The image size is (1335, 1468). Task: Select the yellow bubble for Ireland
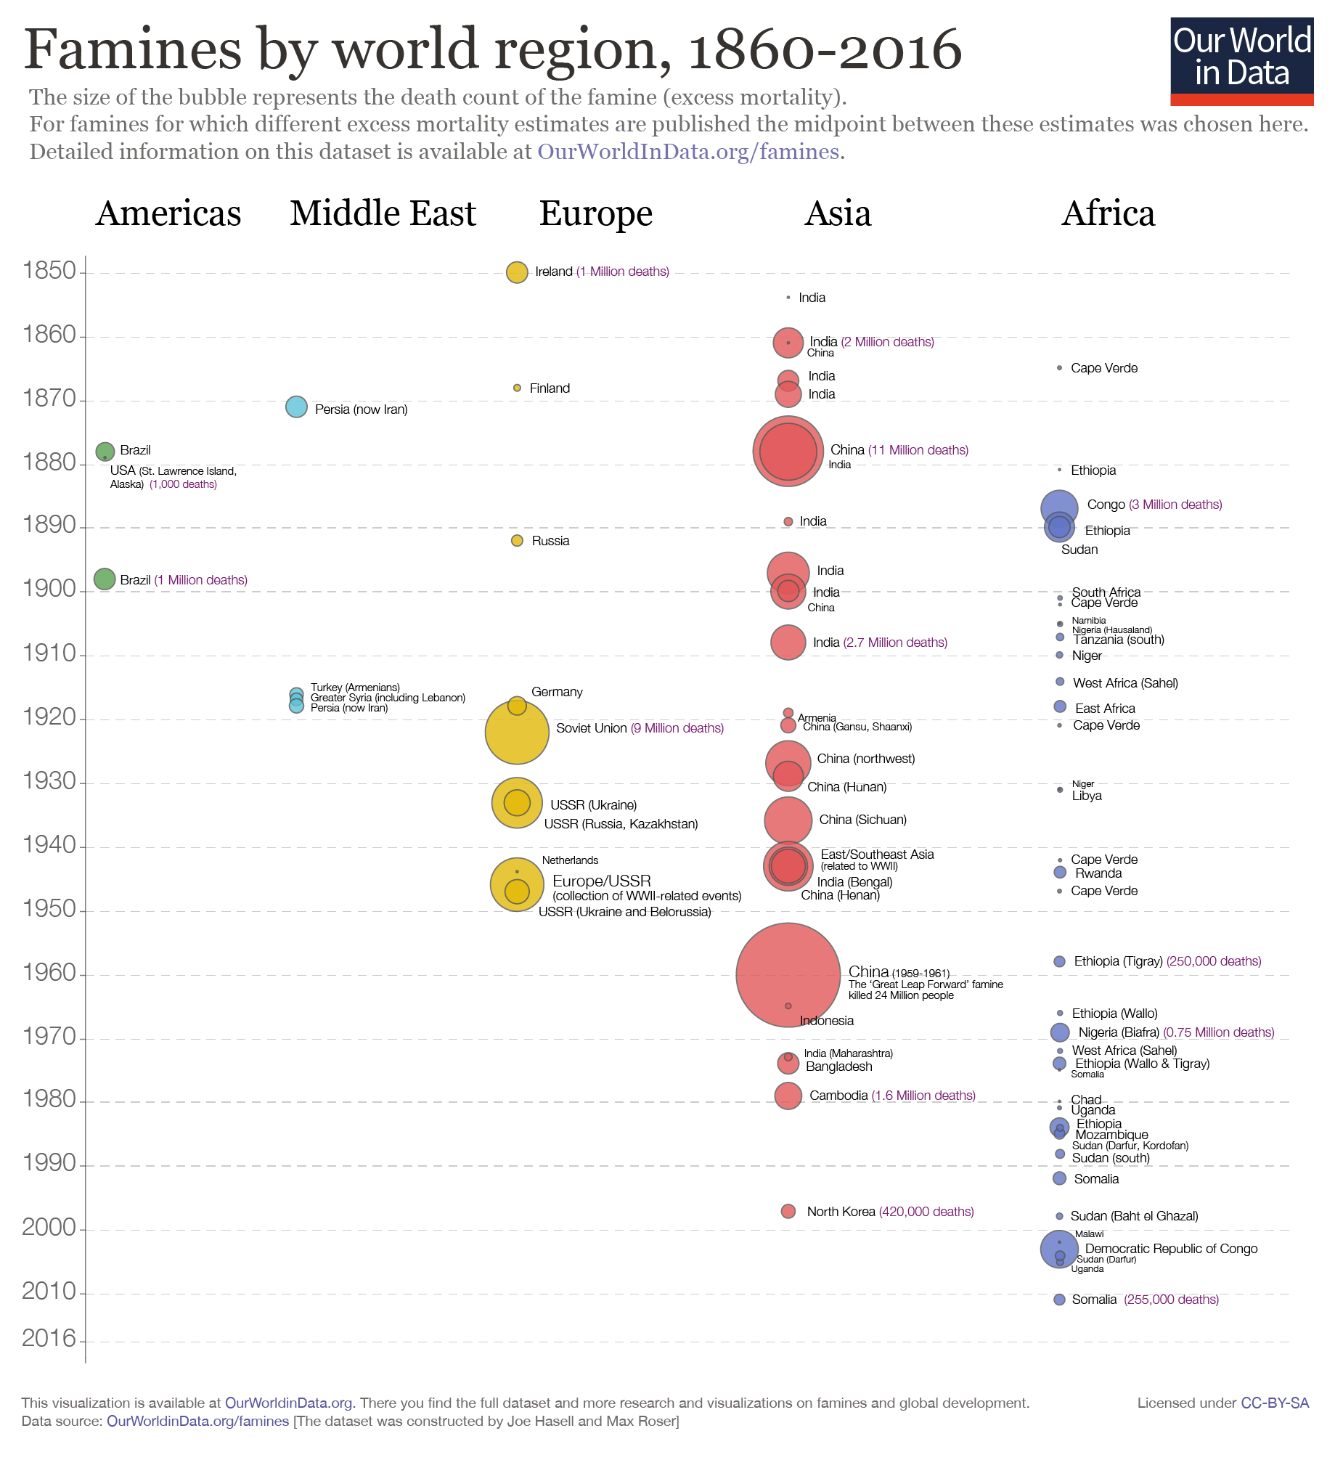coord(517,272)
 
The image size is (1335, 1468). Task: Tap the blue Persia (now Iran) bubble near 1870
coord(296,407)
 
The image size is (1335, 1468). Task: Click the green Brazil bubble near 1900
coord(105,579)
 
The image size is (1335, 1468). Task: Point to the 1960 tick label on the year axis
coord(49,973)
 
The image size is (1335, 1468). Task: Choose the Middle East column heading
coord(383,214)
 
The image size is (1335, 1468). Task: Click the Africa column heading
coord(1108,214)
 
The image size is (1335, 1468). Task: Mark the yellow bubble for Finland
coord(517,388)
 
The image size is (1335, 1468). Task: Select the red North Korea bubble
coord(788,1212)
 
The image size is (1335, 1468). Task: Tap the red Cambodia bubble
coord(788,1096)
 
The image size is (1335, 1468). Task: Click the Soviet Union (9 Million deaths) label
coord(640,729)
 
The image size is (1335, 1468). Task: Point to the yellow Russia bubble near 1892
coord(517,541)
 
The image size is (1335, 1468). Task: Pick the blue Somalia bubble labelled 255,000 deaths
coord(1060,1300)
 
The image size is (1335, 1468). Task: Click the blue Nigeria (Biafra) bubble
coord(1060,1032)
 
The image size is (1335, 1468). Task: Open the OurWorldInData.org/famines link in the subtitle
coord(688,152)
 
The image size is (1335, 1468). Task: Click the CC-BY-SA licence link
coord(1275,1403)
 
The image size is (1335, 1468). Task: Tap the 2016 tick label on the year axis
coord(49,1338)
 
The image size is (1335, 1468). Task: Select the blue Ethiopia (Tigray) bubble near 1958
coord(1060,962)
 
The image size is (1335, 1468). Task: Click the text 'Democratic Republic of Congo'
coord(1171,1249)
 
